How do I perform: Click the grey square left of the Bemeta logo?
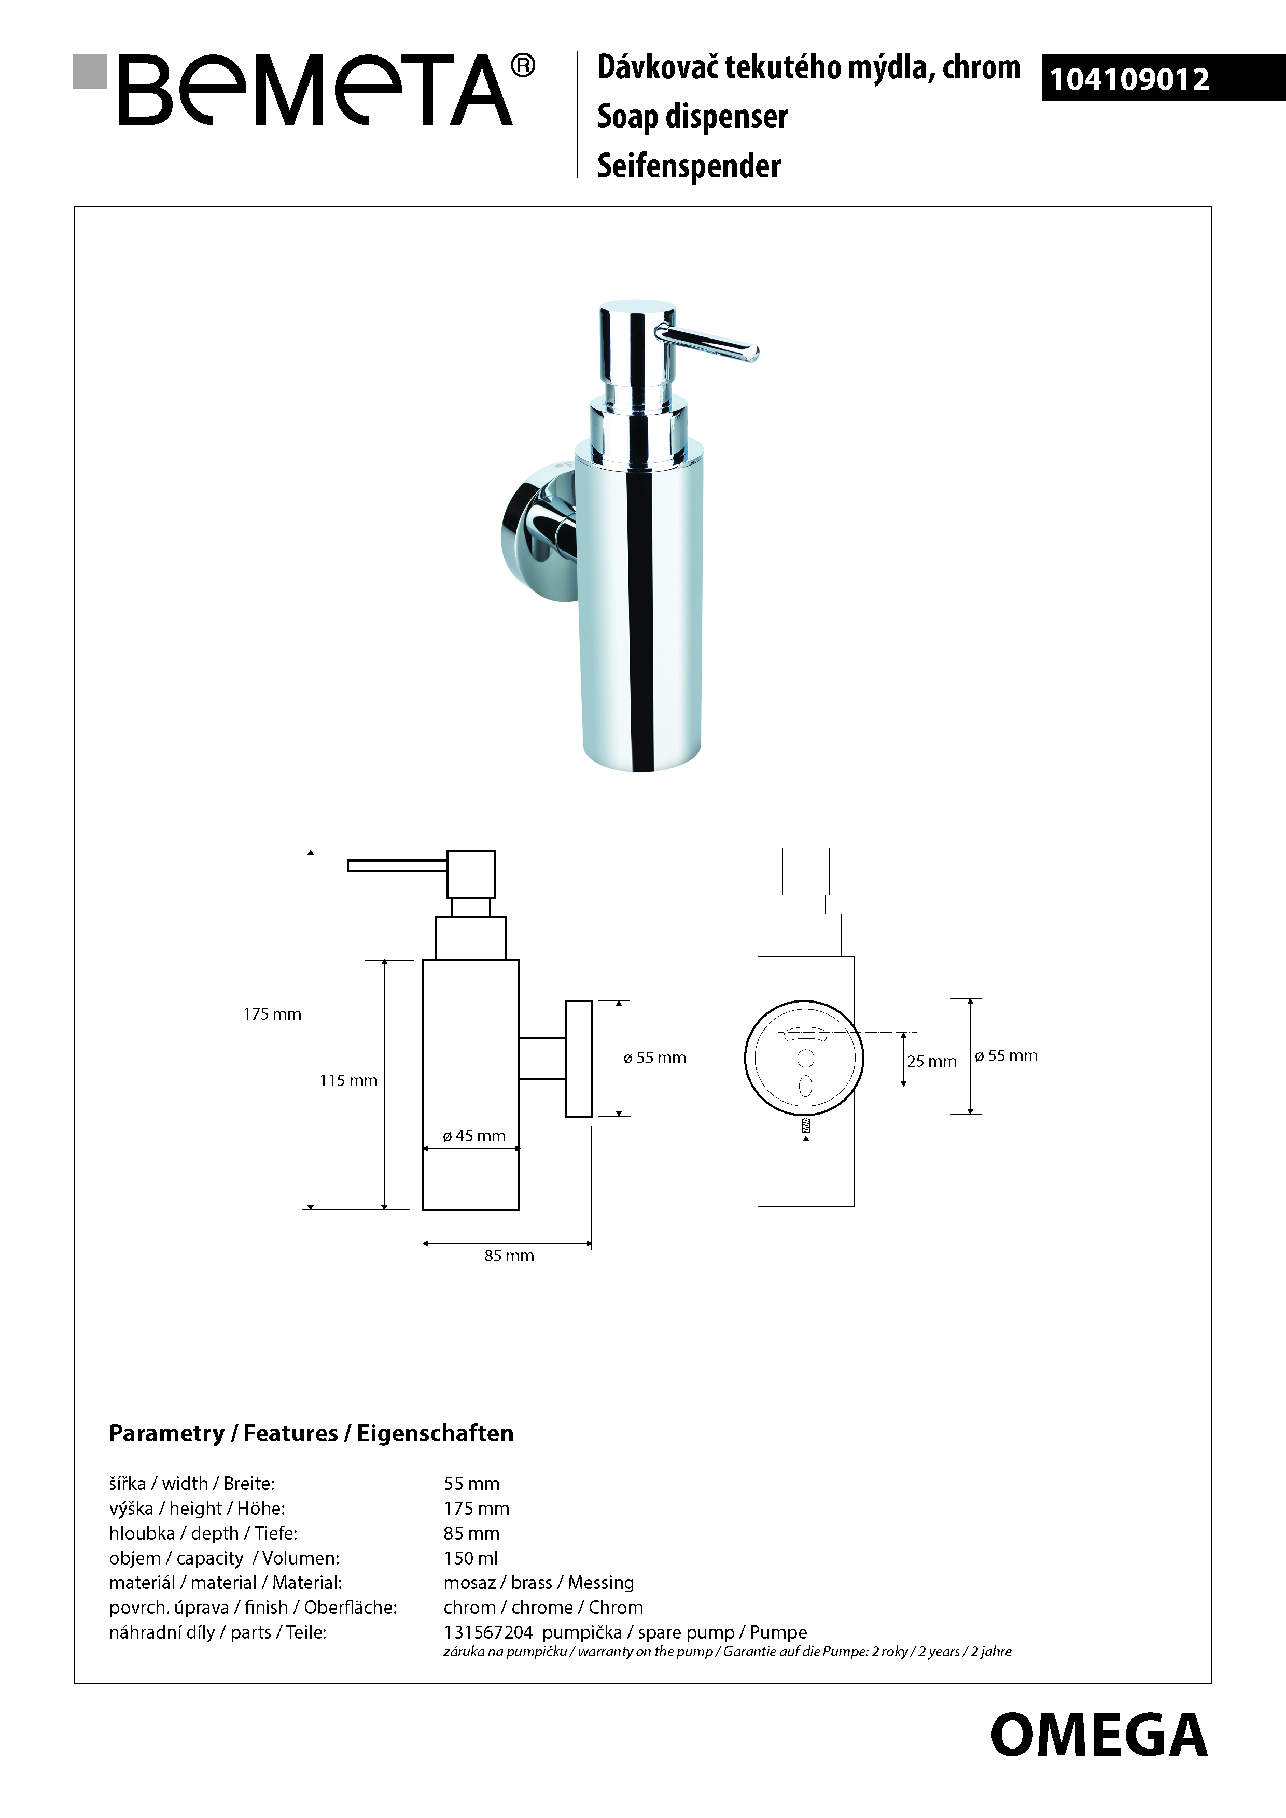point(90,71)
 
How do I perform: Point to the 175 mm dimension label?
point(272,1014)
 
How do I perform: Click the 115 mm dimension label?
point(348,1081)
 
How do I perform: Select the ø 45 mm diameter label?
point(474,1136)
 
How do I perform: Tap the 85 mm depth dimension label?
point(509,1256)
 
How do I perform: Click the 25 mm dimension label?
point(932,1062)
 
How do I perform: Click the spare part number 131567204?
point(488,1633)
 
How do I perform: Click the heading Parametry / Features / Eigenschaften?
point(311,1433)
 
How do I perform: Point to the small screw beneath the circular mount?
point(806,1124)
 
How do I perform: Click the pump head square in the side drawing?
point(471,874)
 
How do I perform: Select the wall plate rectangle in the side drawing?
point(579,1059)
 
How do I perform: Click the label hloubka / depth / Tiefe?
point(203,1534)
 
